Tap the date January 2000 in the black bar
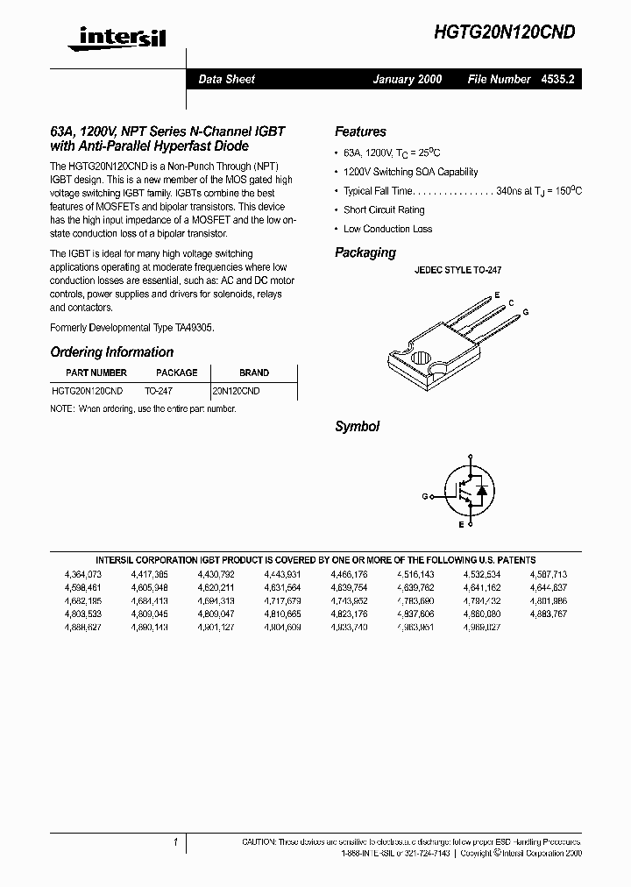[x=407, y=79]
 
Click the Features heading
[x=360, y=131]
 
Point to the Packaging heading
[x=365, y=252]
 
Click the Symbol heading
[x=357, y=427]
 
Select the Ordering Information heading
[x=111, y=352]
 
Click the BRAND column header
[x=253, y=373]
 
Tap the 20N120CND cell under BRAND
[x=236, y=391]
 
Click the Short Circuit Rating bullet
[x=384, y=210]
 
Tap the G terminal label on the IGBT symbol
[x=424, y=496]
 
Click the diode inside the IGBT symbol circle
[x=481, y=491]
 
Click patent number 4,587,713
[x=548, y=575]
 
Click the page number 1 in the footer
[x=176, y=842]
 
